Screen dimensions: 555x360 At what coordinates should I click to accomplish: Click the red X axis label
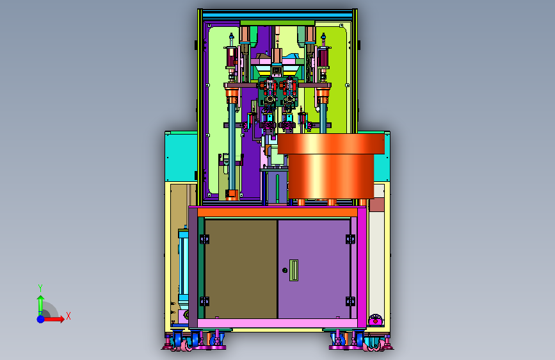(68, 316)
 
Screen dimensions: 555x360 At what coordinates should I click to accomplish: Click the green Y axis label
(40, 288)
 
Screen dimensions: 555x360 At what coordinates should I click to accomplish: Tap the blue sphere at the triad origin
(41, 319)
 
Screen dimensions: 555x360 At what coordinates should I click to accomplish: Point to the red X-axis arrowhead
(61, 319)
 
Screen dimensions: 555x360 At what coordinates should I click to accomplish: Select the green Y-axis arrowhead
(41, 299)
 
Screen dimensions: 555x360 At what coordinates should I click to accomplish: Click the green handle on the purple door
(294, 270)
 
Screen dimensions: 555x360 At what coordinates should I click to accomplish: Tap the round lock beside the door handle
(285, 270)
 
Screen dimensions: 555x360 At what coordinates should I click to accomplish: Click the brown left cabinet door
(241, 269)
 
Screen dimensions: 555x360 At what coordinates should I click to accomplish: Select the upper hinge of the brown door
(204, 239)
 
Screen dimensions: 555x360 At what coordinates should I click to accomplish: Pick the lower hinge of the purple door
(350, 301)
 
